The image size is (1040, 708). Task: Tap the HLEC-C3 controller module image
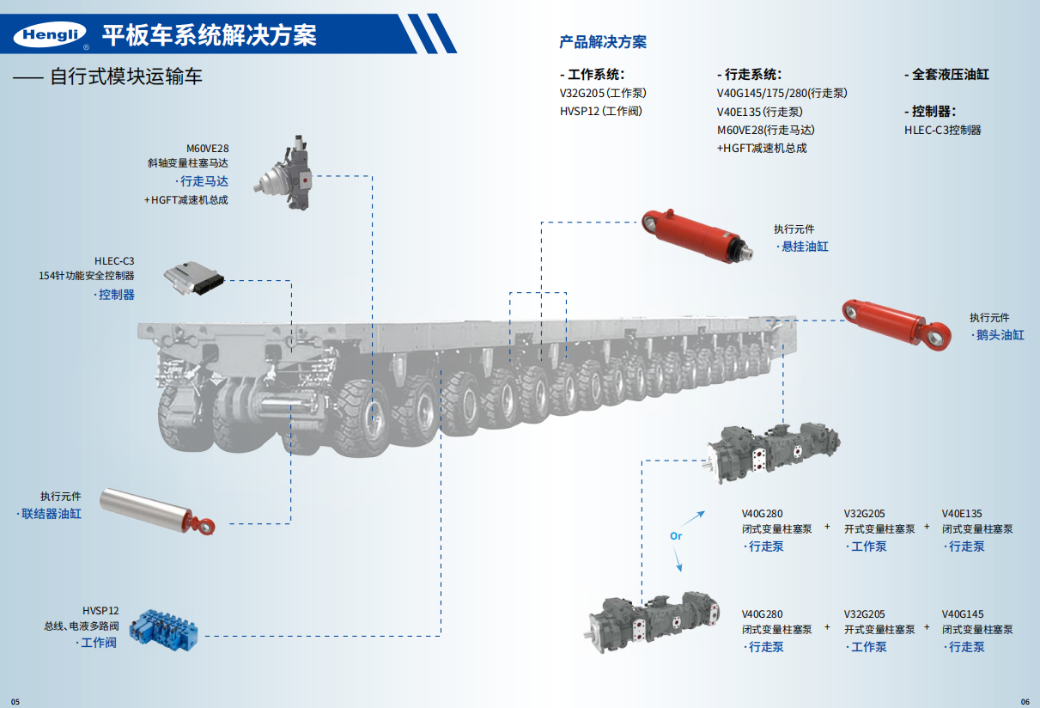(193, 277)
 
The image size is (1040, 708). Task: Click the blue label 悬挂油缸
(803, 247)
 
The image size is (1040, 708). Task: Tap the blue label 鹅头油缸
(999, 335)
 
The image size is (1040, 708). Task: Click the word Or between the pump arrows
(676, 536)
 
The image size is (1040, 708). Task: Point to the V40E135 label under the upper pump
(962, 514)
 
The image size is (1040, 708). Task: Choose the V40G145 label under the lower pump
(962, 614)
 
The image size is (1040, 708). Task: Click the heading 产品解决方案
(603, 41)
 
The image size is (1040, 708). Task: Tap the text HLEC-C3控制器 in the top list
(942, 131)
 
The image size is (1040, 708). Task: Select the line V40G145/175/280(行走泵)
(782, 93)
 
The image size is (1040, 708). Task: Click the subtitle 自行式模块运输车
(126, 76)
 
